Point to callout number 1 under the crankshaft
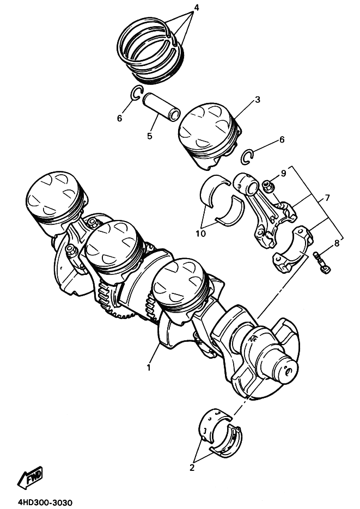[148, 367]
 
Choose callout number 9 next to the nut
[283, 174]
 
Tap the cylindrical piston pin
[161, 107]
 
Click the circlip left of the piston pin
[137, 94]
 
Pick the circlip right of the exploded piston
[248, 157]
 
